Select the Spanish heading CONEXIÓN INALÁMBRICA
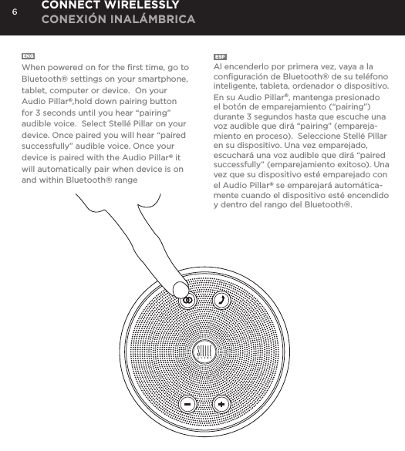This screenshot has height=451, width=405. click(x=117, y=17)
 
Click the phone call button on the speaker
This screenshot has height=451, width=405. click(x=221, y=300)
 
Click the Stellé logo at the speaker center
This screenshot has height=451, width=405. click(x=204, y=353)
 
